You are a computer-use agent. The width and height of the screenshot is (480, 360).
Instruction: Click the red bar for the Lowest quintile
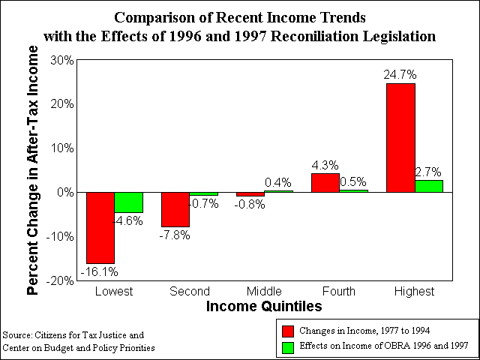(x=100, y=228)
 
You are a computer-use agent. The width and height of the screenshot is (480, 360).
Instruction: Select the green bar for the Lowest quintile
(x=128, y=202)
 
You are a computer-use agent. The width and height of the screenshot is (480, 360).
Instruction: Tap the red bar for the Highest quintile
(x=400, y=138)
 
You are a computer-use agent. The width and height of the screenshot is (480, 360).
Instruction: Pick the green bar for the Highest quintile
(x=429, y=186)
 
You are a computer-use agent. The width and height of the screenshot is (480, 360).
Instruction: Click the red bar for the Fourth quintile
(x=325, y=183)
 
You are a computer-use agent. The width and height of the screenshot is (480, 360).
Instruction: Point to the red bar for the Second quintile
(x=175, y=210)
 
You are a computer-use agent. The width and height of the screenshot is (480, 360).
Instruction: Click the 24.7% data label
(x=400, y=74)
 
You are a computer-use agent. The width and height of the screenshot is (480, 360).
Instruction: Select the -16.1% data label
(x=100, y=271)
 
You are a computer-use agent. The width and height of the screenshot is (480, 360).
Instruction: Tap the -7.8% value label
(x=175, y=235)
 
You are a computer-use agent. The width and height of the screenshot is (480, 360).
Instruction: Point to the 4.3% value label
(x=325, y=165)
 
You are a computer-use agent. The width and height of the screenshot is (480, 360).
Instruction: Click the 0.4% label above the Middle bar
(x=278, y=183)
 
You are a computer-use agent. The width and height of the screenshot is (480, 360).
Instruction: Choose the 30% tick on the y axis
(x=63, y=61)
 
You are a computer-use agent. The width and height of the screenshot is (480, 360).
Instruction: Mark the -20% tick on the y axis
(x=60, y=280)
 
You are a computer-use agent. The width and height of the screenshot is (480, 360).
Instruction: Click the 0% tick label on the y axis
(x=66, y=193)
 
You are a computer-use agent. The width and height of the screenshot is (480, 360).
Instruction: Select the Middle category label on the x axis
(x=264, y=291)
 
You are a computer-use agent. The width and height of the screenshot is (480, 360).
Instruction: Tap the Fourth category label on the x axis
(x=339, y=291)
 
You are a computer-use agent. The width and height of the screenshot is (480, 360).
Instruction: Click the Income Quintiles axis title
(x=264, y=306)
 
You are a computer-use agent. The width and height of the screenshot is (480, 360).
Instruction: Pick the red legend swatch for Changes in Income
(x=287, y=331)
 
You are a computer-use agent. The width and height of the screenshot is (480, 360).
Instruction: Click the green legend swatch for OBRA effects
(x=287, y=346)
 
